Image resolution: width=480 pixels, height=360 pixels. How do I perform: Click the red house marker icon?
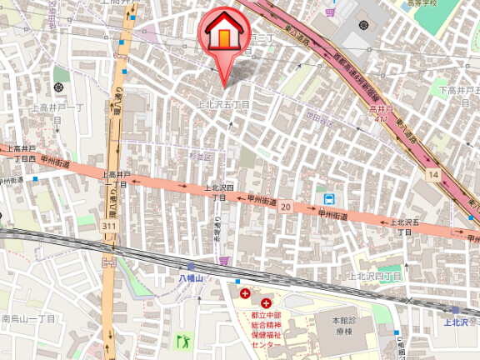tap(225, 33)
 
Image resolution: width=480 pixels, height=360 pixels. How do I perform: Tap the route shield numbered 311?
tap(108, 226)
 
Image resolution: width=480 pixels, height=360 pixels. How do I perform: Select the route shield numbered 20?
tap(286, 206)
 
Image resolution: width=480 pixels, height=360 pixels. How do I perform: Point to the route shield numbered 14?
tap(432, 174)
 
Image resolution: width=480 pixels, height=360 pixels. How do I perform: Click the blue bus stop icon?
tap(329, 199)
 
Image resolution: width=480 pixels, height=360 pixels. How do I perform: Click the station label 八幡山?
tap(191, 277)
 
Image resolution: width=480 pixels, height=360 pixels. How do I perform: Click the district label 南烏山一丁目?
tap(29, 318)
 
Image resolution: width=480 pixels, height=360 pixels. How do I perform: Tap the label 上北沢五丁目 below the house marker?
tap(222, 104)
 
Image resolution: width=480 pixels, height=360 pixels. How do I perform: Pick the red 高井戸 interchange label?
tap(380, 108)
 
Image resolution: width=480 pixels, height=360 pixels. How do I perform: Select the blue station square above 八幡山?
tap(191, 266)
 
